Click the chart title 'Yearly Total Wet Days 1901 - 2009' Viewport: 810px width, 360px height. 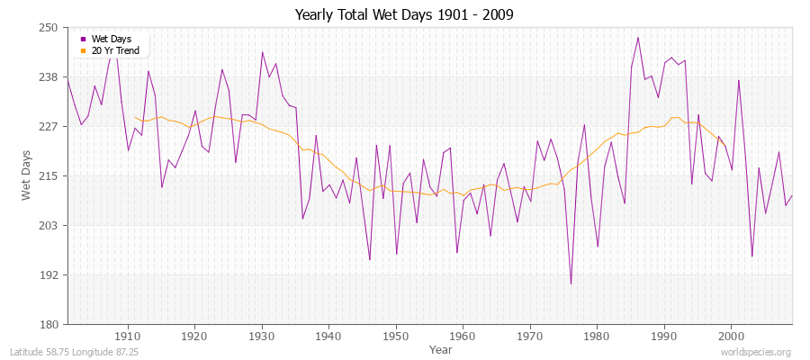click(404, 15)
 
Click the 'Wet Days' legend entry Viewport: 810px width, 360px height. click(112, 40)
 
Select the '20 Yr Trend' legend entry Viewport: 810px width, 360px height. click(115, 51)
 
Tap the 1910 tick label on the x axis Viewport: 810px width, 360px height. click(128, 337)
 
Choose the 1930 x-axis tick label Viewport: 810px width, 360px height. click(261, 337)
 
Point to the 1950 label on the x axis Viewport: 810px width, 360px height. click(395, 337)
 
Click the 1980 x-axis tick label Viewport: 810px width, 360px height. click(596, 337)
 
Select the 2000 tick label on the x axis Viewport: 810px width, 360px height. click(730, 337)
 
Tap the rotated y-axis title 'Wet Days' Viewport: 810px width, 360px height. click(26, 176)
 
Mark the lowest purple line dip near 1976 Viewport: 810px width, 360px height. click(571, 283)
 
